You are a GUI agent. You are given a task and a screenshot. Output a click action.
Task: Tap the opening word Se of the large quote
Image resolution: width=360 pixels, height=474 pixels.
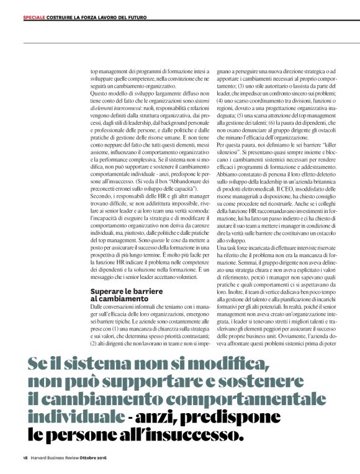point(38,363)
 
